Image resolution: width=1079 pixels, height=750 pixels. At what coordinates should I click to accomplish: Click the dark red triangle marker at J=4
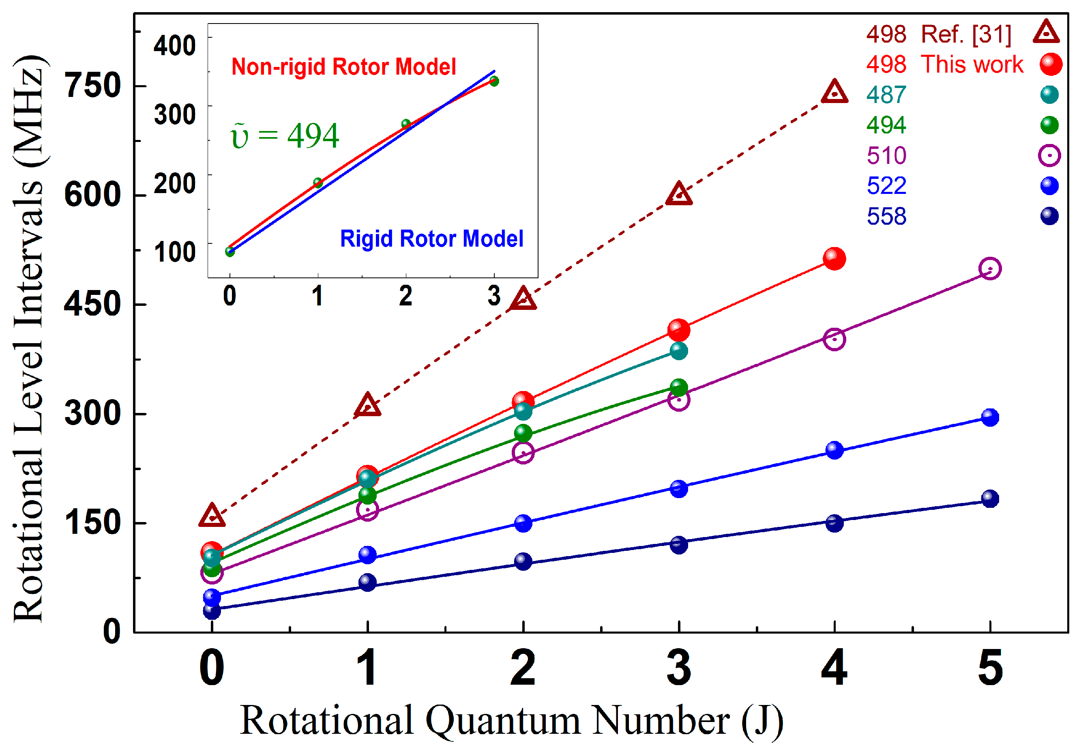tap(834, 92)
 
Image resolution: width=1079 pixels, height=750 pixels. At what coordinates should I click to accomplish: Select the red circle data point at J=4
tap(834, 259)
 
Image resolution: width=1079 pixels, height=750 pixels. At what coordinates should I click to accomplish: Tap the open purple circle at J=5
tap(990, 269)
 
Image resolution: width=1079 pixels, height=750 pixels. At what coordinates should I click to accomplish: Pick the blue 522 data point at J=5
tap(990, 417)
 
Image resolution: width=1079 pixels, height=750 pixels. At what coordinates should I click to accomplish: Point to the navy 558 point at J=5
tap(990, 499)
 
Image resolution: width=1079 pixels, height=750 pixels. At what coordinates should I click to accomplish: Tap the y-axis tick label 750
tap(93, 86)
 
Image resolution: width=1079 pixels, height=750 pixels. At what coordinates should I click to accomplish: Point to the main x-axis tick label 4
tap(834, 668)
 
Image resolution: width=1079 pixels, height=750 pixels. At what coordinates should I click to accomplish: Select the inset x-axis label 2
tap(405, 296)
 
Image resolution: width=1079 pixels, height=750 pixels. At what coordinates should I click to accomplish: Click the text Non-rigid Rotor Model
tap(343, 67)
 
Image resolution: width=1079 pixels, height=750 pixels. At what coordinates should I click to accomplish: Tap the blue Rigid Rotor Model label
tap(431, 239)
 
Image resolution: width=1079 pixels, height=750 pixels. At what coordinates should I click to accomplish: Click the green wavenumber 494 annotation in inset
tap(285, 136)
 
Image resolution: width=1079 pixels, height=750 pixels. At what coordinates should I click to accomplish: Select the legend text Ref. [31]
tap(965, 34)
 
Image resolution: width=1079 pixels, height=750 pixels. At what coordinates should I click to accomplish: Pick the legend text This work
tap(971, 64)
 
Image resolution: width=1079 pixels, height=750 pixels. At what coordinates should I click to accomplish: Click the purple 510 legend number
tap(886, 155)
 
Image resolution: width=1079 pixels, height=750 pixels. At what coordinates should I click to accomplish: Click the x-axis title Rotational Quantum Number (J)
tap(511, 720)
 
